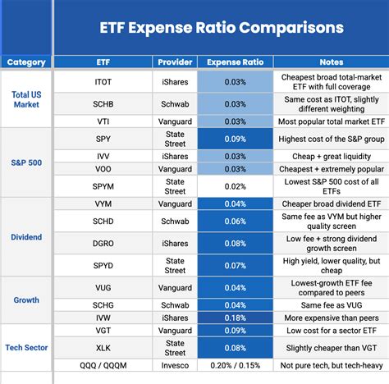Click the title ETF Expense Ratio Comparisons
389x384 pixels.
click(222, 28)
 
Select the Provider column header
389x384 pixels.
click(175, 62)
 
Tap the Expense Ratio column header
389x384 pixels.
click(236, 62)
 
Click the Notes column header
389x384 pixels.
click(332, 62)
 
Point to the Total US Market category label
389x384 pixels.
click(26, 99)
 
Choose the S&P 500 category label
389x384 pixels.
click(26, 162)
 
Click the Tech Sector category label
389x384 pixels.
click(26, 348)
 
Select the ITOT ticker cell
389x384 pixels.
click(103, 82)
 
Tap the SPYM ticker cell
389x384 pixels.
click(103, 186)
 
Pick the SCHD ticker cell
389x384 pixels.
click(103, 222)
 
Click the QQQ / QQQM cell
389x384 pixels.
click(103, 365)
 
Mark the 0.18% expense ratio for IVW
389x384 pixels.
click(236, 318)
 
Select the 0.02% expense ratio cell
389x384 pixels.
click(236, 186)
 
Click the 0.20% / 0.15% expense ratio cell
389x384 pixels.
click(236, 365)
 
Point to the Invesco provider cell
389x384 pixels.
click(175, 365)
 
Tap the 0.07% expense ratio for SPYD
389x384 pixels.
click(236, 266)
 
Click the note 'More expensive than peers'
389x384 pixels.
click(332, 318)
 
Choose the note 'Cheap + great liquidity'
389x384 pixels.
click(332, 157)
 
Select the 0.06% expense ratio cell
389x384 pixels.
click(236, 222)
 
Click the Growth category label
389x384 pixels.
click(26, 300)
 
